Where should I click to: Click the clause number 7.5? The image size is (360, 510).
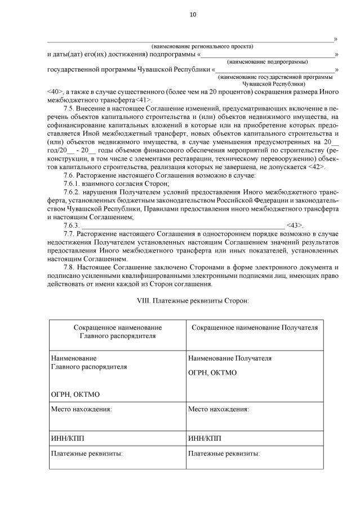pos(70,108)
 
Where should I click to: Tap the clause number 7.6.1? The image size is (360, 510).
pos(73,184)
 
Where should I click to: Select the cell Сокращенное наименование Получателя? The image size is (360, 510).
pos(255,327)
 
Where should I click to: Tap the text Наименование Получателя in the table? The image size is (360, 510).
pos(230,358)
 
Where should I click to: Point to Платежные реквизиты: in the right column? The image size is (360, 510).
pos(224,453)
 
